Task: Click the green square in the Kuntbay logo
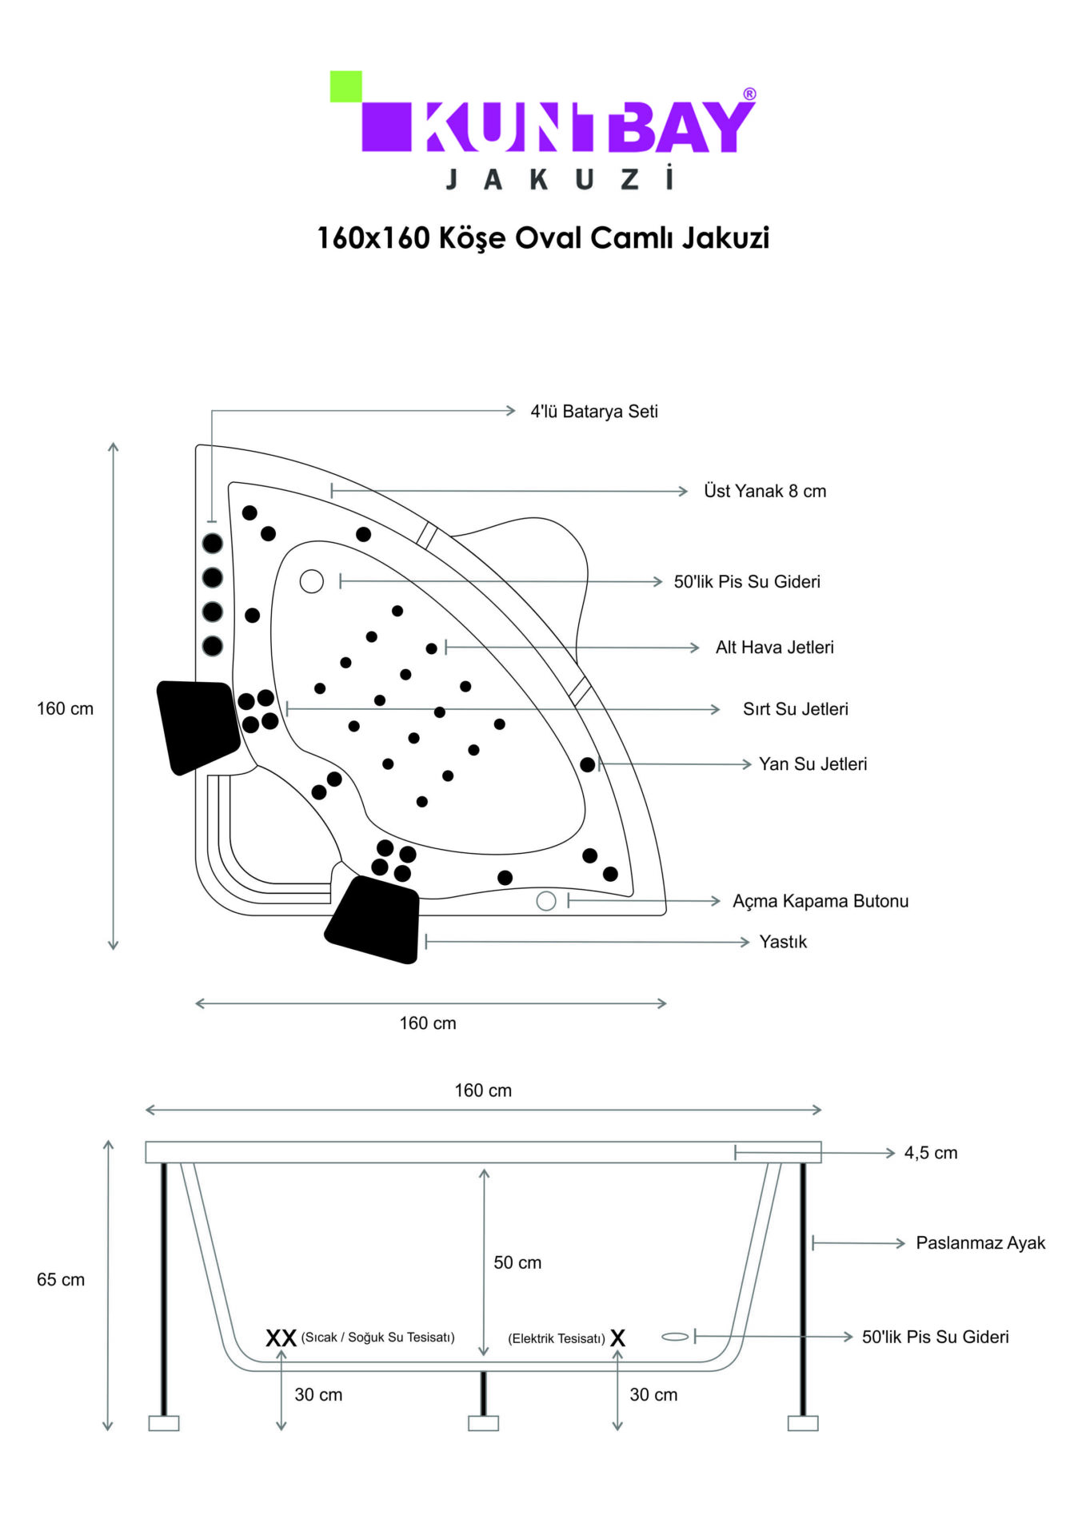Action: (345, 86)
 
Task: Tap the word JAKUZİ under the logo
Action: (559, 178)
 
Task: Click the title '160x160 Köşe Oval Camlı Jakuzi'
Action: (543, 237)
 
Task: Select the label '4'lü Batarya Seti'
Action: (593, 411)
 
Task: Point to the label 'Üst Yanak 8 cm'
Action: (765, 491)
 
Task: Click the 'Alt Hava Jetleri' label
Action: (774, 647)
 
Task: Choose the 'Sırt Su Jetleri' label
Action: (795, 708)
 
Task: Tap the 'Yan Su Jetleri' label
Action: (813, 764)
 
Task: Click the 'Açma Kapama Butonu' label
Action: (820, 901)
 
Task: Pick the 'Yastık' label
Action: (783, 942)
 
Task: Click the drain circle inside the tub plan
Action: (312, 581)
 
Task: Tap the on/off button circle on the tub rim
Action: (546, 901)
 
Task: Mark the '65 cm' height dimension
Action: (61, 1279)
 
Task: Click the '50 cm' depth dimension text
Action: (517, 1262)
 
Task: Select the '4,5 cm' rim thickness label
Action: (930, 1153)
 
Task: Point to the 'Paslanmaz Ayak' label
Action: (980, 1242)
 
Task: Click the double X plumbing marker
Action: (281, 1338)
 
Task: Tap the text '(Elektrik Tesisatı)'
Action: (557, 1338)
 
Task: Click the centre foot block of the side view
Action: (483, 1423)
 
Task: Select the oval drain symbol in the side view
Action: (675, 1337)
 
